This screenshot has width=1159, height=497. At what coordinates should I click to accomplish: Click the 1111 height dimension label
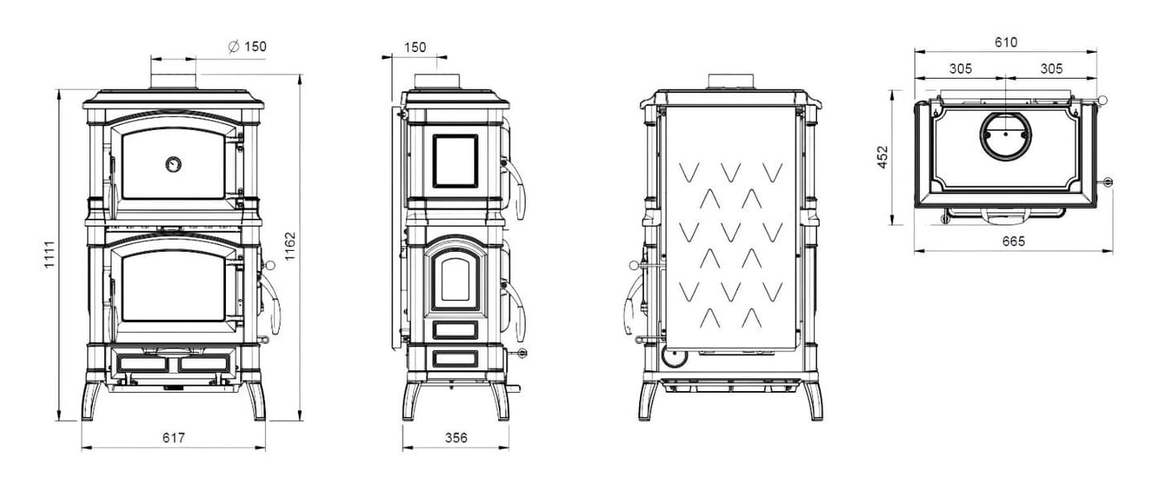(49, 253)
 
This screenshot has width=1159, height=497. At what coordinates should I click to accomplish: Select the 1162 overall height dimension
(290, 246)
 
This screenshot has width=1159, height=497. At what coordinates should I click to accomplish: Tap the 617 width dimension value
(173, 438)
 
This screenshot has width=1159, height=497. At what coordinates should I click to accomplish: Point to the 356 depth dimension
(456, 438)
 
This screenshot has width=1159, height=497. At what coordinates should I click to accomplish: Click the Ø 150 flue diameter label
(248, 46)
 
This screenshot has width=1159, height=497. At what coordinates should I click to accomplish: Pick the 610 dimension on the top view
(1006, 42)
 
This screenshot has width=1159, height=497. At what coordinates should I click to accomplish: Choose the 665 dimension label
(1013, 241)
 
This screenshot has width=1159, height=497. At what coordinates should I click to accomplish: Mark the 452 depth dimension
(882, 157)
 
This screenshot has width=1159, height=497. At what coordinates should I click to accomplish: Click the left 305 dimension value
(960, 68)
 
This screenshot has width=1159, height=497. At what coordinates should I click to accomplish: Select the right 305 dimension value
(1051, 68)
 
